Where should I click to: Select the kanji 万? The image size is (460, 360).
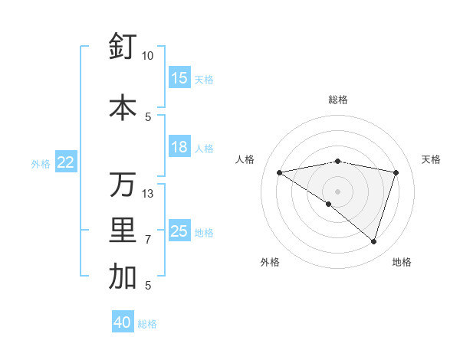pos(123,185)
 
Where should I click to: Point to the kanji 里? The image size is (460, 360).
pos(123,231)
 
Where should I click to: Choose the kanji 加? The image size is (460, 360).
pos(123,277)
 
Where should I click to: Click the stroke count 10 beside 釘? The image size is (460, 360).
pos(148,56)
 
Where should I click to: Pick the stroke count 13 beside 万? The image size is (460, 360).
pos(148,193)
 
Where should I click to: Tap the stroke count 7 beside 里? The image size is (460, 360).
pos(148,240)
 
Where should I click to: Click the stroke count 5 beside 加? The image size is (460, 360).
pos(148,286)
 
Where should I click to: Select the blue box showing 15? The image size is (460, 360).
pos(179,78)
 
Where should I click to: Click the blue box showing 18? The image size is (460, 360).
pos(179,147)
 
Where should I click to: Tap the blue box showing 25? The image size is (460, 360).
pos(179,231)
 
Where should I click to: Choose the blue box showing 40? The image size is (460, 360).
pos(123,322)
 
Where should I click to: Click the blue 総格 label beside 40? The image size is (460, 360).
pos(147,324)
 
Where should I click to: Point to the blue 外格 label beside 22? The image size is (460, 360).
pos(41,163)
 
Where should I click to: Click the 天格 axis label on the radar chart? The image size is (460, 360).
pos(431,159)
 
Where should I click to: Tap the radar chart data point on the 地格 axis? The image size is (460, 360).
pos(373,241)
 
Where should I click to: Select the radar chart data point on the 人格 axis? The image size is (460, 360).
pos(279,172)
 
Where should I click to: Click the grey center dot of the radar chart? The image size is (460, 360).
pos(337,191)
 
